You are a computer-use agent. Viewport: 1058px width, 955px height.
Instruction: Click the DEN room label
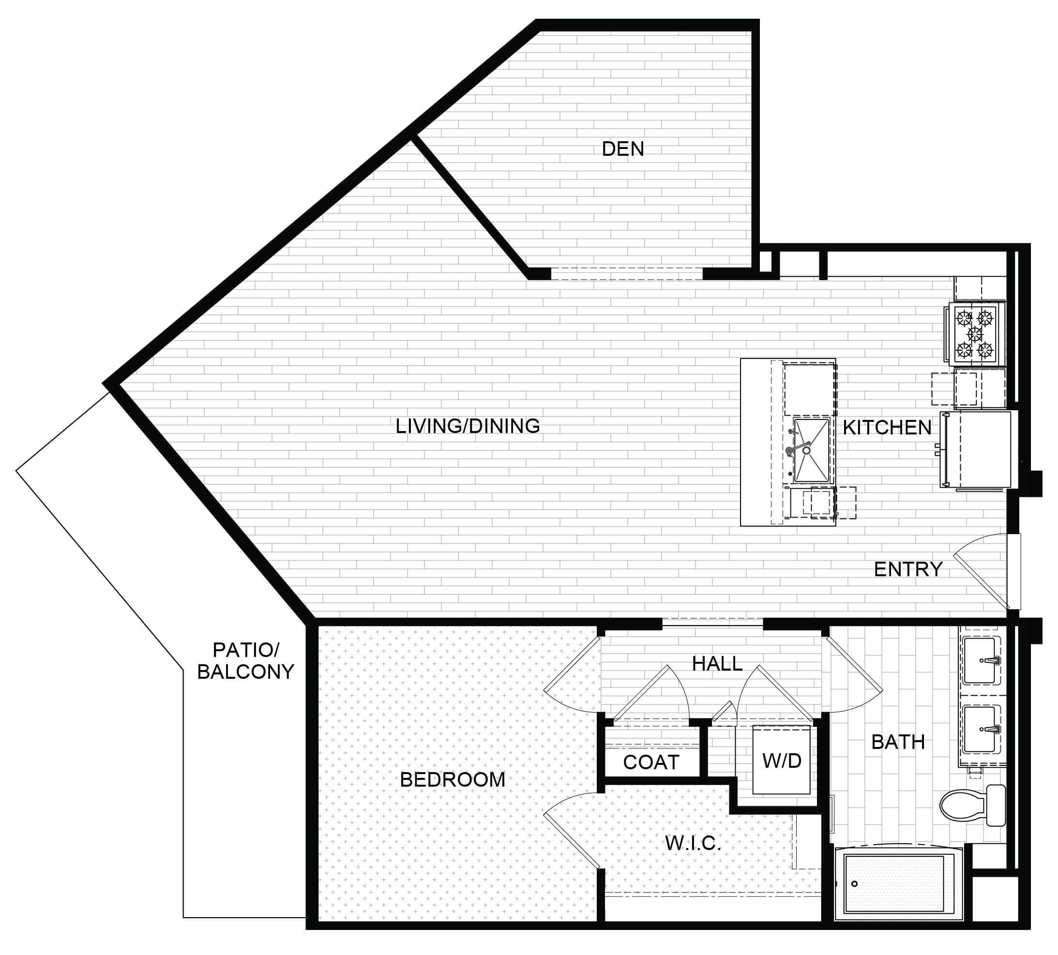622,149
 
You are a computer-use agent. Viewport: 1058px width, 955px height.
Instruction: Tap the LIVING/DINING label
468,426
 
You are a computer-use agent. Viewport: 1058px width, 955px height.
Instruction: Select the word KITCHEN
887,428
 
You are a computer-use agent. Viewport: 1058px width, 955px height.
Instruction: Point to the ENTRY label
908,569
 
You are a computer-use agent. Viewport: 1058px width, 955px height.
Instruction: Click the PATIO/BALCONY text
245,661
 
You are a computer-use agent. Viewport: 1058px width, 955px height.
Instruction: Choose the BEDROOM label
453,780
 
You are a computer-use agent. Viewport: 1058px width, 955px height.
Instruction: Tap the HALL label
717,664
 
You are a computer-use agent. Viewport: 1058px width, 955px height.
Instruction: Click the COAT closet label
651,762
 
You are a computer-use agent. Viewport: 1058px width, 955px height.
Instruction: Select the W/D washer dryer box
782,761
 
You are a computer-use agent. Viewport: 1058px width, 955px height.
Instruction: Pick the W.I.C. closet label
693,843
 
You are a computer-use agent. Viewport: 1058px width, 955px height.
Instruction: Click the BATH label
898,742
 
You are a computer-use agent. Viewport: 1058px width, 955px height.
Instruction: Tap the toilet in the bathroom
972,806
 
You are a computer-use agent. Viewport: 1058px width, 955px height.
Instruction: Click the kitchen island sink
811,450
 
